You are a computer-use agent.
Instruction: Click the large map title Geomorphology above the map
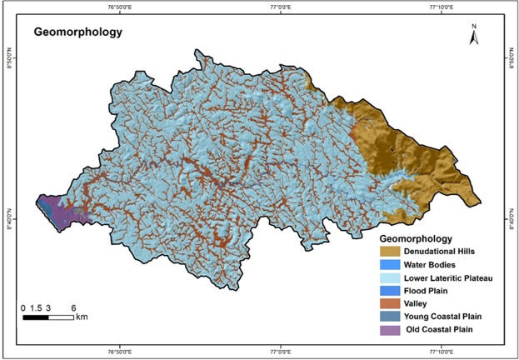pos(77,34)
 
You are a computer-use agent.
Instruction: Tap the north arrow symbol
pos(472,35)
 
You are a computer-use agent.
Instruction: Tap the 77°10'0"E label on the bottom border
pos(441,351)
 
